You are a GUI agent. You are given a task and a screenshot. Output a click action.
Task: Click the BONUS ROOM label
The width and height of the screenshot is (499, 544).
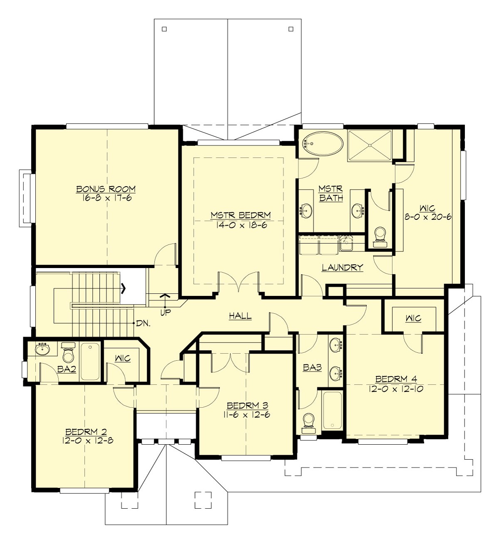pyautogui.click(x=106, y=189)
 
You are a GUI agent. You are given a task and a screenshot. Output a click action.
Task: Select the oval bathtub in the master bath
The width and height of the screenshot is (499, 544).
pyautogui.click(x=323, y=144)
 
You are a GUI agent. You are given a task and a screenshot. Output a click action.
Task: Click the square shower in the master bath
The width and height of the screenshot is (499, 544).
pyautogui.click(x=370, y=145)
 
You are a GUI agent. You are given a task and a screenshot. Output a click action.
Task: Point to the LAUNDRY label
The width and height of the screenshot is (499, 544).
pyautogui.click(x=342, y=267)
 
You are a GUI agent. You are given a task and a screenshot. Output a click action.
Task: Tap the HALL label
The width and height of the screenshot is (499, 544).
pyautogui.click(x=240, y=316)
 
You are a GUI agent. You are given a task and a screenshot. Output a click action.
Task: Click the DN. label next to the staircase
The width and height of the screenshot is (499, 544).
pyautogui.click(x=143, y=323)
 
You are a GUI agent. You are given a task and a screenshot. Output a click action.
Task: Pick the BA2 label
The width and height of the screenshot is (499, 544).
pyautogui.click(x=67, y=369)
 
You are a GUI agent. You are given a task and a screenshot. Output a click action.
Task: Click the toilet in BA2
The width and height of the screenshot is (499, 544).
pyautogui.click(x=68, y=354)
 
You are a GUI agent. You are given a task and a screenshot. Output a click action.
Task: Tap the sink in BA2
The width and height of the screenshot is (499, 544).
pyautogui.click(x=42, y=349)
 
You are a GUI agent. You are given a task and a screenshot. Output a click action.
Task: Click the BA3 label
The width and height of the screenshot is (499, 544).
pyautogui.click(x=312, y=367)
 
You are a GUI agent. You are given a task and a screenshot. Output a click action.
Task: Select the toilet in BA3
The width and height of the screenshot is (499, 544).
pyautogui.click(x=309, y=421)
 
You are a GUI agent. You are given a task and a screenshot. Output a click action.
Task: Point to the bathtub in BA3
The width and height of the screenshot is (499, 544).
pyautogui.click(x=332, y=410)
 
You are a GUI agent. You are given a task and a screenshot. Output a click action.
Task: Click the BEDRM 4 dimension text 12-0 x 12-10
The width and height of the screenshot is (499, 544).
pyautogui.click(x=395, y=389)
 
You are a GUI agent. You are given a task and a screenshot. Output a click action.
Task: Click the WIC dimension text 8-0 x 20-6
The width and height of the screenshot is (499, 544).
pyautogui.click(x=427, y=217)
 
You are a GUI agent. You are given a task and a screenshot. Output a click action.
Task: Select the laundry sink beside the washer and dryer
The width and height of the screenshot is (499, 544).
pyautogui.click(x=346, y=243)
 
